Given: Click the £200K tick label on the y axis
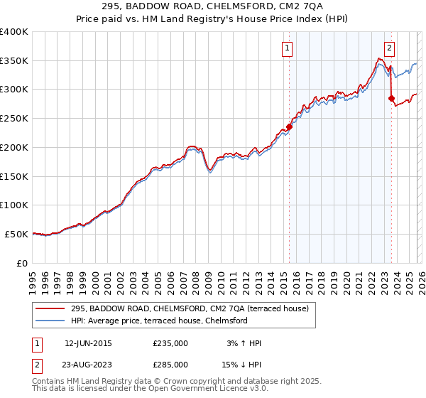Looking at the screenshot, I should (x=13, y=147).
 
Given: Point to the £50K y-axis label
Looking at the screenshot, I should (x=16, y=234).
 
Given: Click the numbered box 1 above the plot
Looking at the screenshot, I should (x=288, y=48).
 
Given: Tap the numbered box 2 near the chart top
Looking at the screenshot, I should (x=390, y=48).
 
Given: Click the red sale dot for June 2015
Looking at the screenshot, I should (x=289, y=127).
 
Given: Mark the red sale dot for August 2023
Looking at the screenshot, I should (x=391, y=98).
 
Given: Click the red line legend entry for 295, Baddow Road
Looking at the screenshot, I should (x=189, y=308).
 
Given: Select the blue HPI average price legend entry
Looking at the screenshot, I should (x=158, y=321).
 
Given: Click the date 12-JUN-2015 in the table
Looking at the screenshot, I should (x=88, y=343).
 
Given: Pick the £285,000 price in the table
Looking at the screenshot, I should (x=170, y=364).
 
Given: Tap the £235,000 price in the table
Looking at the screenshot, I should (x=170, y=343).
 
